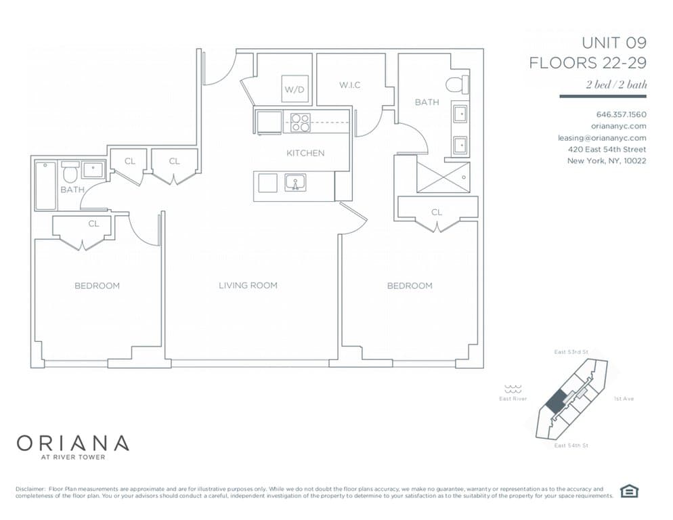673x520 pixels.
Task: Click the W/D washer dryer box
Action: pyautogui.click(x=293, y=89)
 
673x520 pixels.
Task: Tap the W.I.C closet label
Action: pyautogui.click(x=349, y=85)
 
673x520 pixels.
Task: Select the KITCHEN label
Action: pyautogui.click(x=305, y=153)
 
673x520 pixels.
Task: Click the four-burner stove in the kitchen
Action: pyautogui.click(x=300, y=122)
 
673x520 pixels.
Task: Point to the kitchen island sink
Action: pyautogui.click(x=295, y=183)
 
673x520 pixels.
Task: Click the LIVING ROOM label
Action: pyautogui.click(x=248, y=286)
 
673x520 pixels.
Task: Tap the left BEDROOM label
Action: pyautogui.click(x=97, y=286)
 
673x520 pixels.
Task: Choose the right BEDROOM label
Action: pyautogui.click(x=409, y=286)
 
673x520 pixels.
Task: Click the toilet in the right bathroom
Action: pyautogui.click(x=457, y=85)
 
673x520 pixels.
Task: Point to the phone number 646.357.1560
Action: pyautogui.click(x=621, y=114)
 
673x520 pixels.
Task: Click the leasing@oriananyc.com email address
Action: pyautogui.click(x=601, y=137)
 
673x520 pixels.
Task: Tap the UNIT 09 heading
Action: pyautogui.click(x=613, y=43)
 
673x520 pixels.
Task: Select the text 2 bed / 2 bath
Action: pyautogui.click(x=616, y=85)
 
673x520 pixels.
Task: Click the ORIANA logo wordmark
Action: pyautogui.click(x=72, y=443)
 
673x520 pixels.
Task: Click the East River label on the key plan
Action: pyautogui.click(x=513, y=399)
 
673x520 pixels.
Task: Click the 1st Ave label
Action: pyautogui.click(x=623, y=399)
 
